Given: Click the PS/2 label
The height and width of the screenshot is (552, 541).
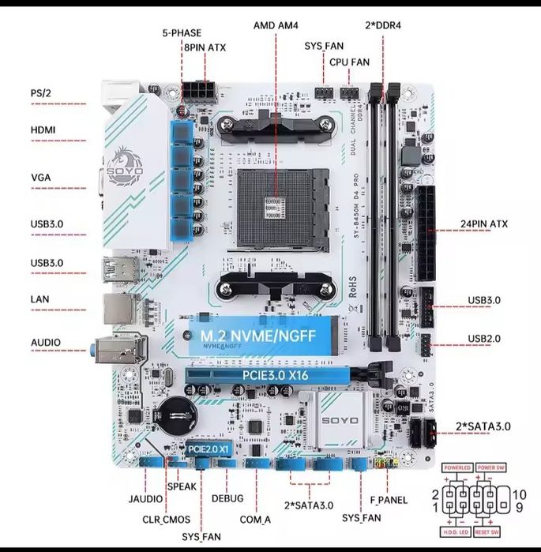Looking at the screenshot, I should [x=40, y=93].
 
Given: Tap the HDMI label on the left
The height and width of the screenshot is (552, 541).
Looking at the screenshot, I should [x=43, y=130].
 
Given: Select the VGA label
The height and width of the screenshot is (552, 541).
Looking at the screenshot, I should [x=40, y=177].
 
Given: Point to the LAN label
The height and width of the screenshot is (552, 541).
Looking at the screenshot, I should [x=39, y=299].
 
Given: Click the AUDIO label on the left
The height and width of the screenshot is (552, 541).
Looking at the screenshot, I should [x=46, y=344].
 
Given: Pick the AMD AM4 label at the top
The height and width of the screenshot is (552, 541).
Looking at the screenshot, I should [x=276, y=24].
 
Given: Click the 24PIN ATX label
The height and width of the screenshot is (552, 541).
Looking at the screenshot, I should [x=484, y=224].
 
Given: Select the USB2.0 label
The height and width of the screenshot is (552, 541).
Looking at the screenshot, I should [x=483, y=339].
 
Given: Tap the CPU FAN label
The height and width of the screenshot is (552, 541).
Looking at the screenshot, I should [x=349, y=61].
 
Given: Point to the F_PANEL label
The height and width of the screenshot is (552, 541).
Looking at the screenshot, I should [x=388, y=500].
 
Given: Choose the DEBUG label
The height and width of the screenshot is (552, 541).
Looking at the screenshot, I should [x=227, y=498].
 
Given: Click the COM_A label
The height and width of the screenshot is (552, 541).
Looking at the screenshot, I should [x=256, y=519].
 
